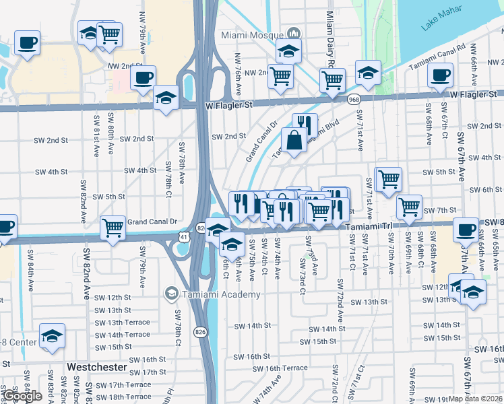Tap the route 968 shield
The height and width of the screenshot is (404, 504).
[x=354, y=100]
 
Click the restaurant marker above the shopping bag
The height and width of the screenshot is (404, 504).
[x=305, y=125]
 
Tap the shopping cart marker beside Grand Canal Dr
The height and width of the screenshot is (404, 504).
[x=113, y=227]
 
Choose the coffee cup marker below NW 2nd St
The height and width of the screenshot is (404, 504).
[x=143, y=77]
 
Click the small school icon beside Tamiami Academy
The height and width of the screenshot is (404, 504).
[x=171, y=294]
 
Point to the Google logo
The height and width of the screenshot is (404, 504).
[x=22, y=397]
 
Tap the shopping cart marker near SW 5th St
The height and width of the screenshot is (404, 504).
[x=388, y=179]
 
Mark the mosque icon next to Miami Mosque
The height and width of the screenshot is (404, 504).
[x=293, y=34]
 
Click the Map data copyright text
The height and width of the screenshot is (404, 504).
[x=476, y=399]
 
